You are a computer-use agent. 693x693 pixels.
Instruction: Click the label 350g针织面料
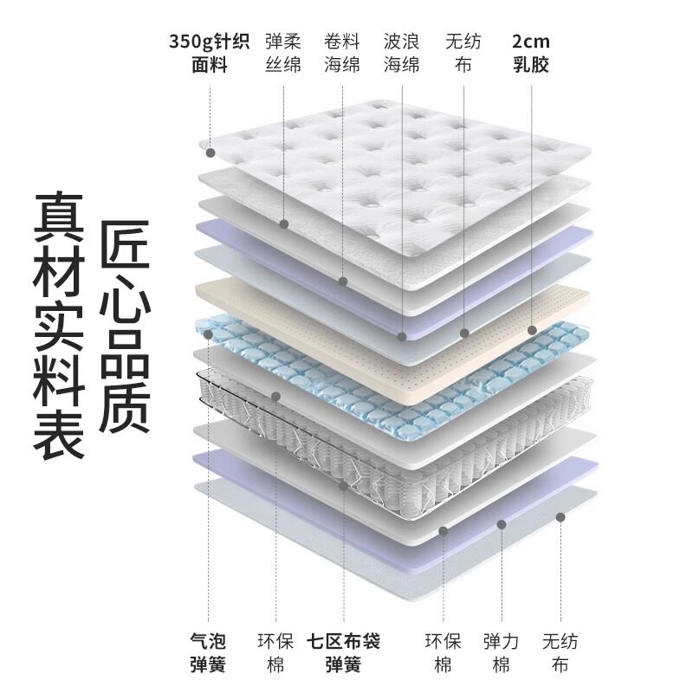209,52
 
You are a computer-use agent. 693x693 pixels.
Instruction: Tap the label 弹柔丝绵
282,52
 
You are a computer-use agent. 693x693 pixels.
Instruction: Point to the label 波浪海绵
402,52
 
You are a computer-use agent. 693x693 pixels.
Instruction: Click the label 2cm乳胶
530,52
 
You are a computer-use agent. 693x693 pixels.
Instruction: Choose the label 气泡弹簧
208,653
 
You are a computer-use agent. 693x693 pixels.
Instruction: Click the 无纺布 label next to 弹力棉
560,653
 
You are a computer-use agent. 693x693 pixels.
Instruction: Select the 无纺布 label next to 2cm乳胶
463,52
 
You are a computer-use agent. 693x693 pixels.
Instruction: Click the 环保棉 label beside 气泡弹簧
275,653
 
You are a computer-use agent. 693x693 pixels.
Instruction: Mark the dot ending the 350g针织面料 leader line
210,152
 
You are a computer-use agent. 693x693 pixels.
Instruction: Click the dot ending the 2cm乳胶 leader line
532,330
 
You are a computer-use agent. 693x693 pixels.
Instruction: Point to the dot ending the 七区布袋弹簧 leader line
344,487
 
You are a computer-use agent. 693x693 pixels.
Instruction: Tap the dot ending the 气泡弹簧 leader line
209,333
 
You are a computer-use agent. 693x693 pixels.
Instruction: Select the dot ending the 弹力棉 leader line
502,523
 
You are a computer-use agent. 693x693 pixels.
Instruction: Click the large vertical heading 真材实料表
59,325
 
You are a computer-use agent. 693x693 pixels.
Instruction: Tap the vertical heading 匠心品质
126,325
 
